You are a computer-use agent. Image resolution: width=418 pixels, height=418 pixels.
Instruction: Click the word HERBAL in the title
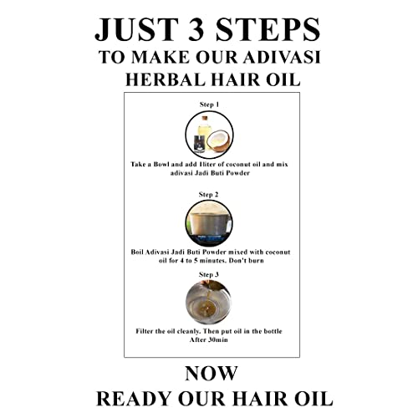[166, 79]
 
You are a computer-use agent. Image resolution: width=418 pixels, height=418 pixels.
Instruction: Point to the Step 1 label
[209, 104]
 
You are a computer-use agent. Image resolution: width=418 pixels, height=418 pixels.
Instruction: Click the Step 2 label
[208, 195]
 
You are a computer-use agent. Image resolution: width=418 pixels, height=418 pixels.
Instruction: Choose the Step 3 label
[209, 274]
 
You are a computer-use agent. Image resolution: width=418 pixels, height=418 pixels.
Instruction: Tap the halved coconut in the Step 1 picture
[219, 141]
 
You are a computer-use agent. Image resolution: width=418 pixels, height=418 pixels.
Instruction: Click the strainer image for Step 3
[208, 302]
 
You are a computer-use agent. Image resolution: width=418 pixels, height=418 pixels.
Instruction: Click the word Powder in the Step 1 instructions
[237, 173]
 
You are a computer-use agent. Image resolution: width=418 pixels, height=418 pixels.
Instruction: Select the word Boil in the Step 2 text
[137, 252]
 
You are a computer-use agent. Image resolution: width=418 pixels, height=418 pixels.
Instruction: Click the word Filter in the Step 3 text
[145, 331]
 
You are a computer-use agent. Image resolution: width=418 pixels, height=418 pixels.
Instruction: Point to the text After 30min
[209, 340]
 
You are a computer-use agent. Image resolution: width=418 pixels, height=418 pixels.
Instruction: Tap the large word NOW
[212, 374]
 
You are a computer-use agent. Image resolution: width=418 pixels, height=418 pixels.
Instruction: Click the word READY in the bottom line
[134, 399]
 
